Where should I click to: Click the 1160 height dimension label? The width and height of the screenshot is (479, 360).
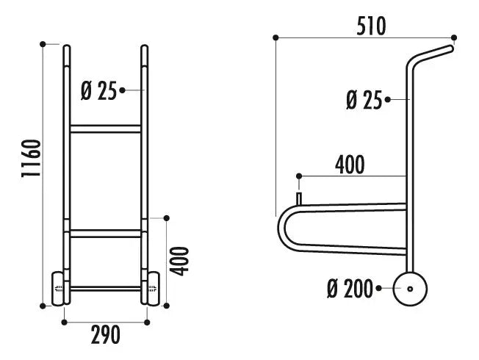tap(31, 158)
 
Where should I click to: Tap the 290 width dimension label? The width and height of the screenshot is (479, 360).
tap(105, 335)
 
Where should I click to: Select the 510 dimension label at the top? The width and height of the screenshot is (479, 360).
tap(371, 26)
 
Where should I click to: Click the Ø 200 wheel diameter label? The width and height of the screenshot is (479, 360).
tap(350, 289)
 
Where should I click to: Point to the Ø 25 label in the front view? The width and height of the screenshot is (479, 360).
tap(98, 91)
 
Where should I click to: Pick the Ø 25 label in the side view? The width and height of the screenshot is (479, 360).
tap(364, 100)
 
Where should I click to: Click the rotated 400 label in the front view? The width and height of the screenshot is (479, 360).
tap(179, 262)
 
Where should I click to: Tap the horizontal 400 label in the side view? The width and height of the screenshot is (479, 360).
tap(350, 165)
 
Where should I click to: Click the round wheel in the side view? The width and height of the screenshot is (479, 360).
tap(410, 289)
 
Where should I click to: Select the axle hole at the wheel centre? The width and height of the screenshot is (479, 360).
tap(410, 289)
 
